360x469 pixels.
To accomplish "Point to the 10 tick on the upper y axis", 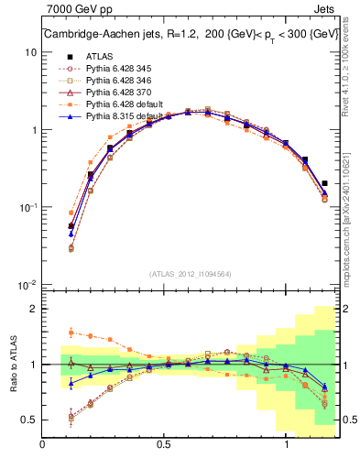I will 29,52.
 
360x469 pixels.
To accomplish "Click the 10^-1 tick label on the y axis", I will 27,208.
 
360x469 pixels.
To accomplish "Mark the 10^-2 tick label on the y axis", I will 27,286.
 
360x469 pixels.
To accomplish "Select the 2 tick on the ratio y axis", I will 33,309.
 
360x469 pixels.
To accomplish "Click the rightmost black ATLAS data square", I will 325,183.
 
